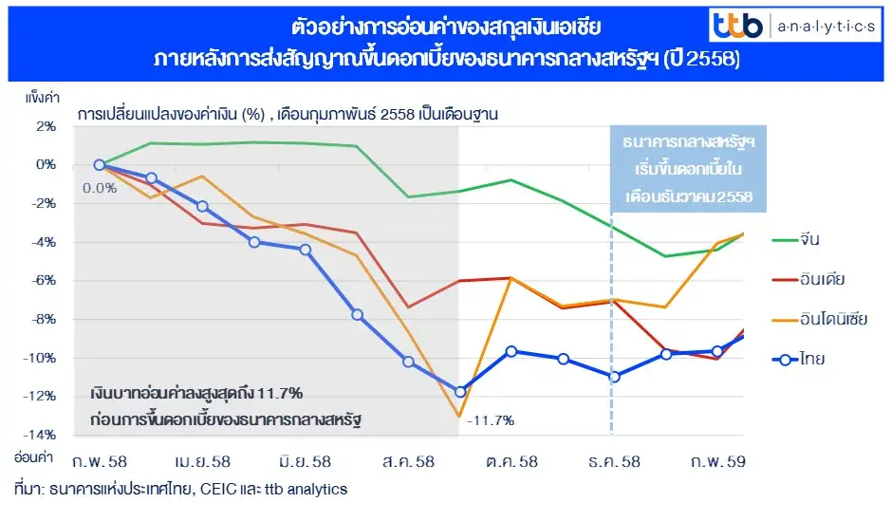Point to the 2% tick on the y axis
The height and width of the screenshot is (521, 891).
coord(44,125)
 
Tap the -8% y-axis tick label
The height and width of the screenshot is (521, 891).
coord(42,319)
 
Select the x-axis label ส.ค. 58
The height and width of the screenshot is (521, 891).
coord(407,462)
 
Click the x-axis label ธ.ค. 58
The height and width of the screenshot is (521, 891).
coord(613,462)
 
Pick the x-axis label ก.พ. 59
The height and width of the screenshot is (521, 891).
coord(717,462)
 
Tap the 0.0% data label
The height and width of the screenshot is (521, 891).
coord(100,188)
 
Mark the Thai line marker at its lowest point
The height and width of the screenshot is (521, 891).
coord(460,392)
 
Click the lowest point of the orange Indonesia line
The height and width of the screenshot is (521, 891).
coord(459,416)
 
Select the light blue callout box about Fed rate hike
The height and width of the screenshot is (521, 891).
coord(688,170)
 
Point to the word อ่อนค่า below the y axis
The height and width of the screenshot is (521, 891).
coord(33,456)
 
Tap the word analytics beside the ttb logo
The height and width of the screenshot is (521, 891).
coord(825,28)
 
